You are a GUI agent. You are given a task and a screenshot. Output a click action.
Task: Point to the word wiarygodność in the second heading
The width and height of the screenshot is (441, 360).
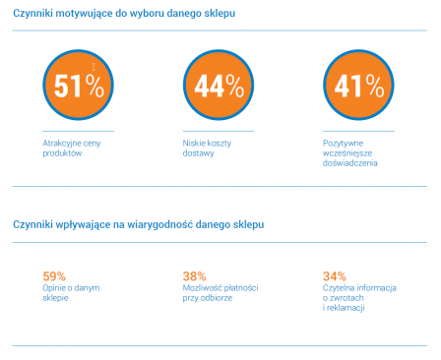(159, 224)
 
